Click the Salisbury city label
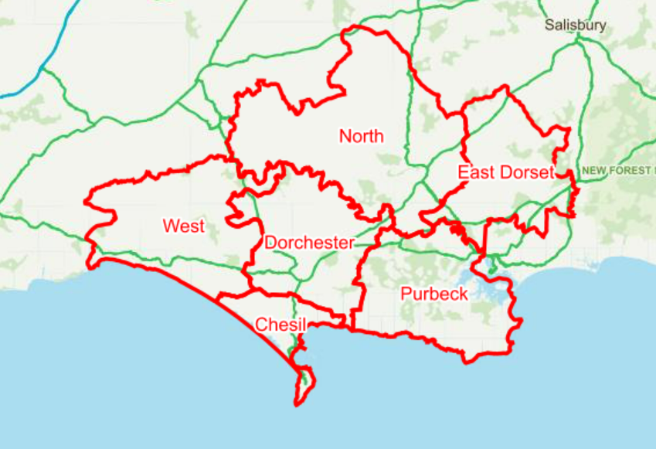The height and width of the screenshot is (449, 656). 575,25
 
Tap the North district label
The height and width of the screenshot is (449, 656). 361,137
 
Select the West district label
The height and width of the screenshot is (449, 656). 184,226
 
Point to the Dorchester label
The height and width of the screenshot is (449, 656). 309,243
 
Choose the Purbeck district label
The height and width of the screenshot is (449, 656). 434,294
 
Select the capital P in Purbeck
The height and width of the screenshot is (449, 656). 406,294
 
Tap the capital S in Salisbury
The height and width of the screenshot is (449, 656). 549,25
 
